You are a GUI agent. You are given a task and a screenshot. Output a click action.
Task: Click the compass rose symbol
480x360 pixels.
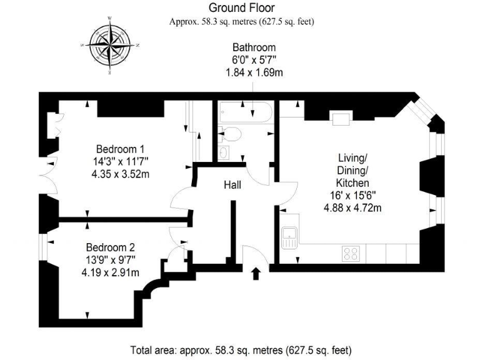(110, 46)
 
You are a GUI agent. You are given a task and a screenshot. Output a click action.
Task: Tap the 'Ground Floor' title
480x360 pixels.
(241, 8)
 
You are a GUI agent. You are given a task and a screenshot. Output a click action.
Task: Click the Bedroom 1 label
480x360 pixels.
(120, 149)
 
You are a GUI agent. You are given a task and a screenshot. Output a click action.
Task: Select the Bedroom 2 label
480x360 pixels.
(110, 247)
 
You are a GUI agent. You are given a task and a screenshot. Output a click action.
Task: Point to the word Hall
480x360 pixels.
(232, 185)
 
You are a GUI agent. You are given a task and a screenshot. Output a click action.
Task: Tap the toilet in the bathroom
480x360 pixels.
(231, 133)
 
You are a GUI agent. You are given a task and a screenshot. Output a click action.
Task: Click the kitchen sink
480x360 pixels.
(289, 237)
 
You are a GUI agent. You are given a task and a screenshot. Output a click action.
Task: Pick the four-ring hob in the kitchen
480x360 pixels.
(351, 254)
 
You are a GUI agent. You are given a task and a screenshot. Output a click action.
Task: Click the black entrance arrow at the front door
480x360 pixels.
(255, 274)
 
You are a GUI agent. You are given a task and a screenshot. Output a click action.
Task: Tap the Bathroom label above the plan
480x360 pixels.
(254, 47)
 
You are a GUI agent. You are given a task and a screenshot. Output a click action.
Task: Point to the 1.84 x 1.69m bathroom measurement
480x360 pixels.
(254, 72)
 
